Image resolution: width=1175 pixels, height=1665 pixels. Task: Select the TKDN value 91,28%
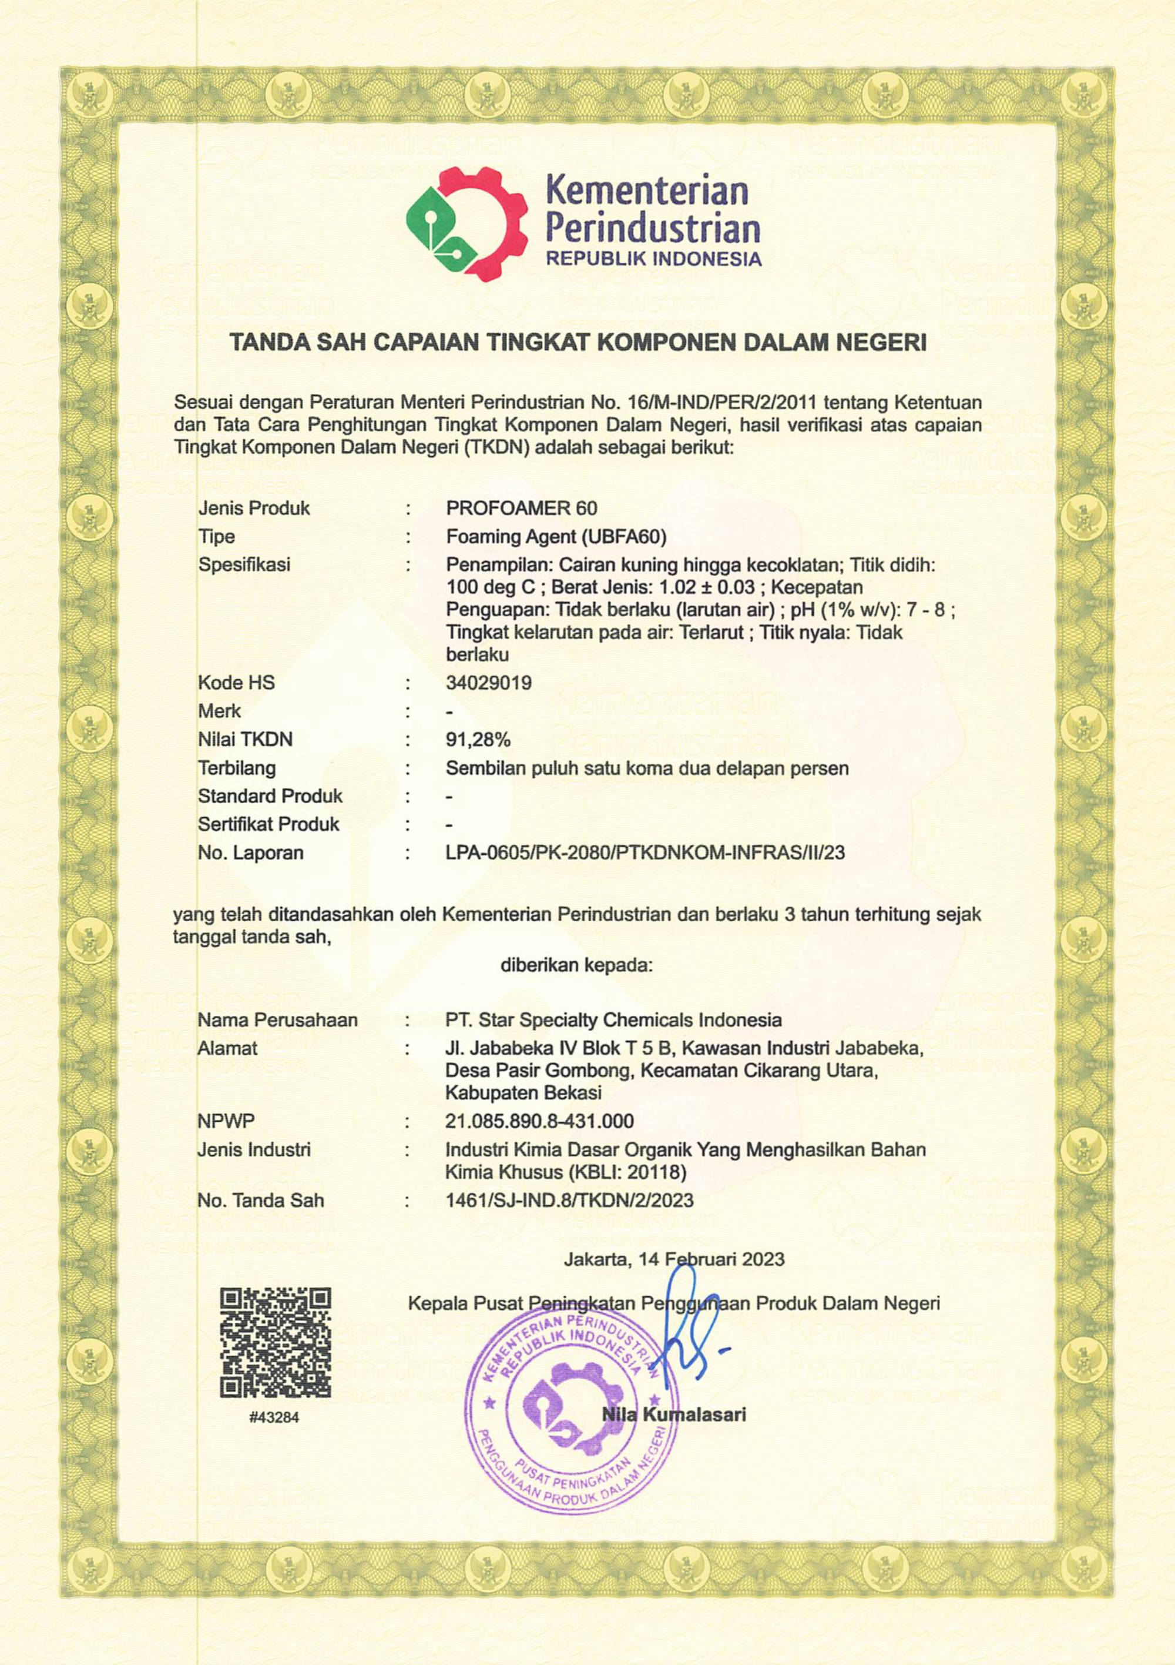tap(478, 740)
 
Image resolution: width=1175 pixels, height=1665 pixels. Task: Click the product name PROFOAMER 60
tap(521, 507)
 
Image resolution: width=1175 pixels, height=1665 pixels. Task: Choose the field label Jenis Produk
tap(254, 507)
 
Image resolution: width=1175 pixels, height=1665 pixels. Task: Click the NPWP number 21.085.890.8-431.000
tap(539, 1121)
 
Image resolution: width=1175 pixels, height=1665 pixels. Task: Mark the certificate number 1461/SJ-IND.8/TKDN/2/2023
tap(569, 1200)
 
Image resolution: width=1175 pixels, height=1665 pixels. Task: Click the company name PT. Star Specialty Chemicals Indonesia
tap(613, 1020)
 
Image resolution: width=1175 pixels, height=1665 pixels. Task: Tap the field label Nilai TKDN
tap(245, 740)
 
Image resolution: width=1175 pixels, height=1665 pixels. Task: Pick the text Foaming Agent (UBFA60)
tap(556, 537)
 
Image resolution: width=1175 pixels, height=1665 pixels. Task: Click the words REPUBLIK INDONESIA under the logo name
tap(653, 259)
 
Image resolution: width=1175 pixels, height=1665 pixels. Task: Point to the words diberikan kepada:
tap(576, 965)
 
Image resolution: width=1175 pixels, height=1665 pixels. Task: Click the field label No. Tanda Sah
tap(260, 1200)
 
